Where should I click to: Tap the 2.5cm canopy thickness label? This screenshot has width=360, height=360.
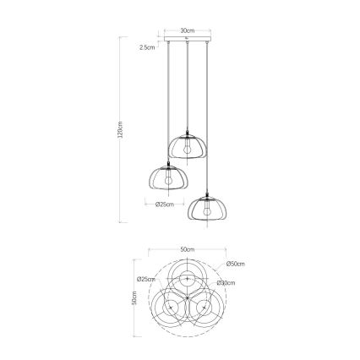pyautogui.click(x=147, y=47)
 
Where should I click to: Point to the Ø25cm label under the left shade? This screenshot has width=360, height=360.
pyautogui.click(x=165, y=205)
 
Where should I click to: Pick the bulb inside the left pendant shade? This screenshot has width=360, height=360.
pyautogui.click(x=167, y=180)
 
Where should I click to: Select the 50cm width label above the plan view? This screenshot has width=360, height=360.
pyautogui.click(x=188, y=250)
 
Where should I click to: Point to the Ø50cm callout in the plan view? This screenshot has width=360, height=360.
pyautogui.click(x=236, y=265)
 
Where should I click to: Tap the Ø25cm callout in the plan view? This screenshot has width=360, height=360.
pyautogui.click(x=145, y=279)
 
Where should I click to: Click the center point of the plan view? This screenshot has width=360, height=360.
pyautogui.click(x=187, y=300)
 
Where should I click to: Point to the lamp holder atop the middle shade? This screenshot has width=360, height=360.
pyautogui.click(x=187, y=132)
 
